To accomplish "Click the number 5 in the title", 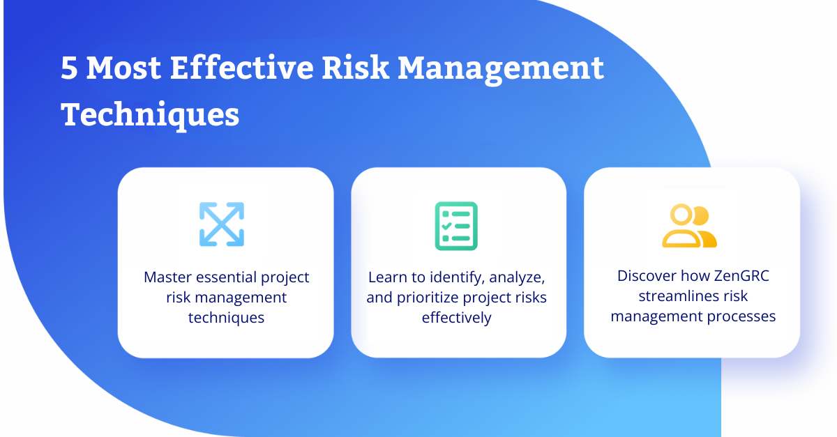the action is [69, 68].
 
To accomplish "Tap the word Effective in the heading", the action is [242, 67].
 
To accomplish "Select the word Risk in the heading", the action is [355, 67].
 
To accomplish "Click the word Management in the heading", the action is [501, 70].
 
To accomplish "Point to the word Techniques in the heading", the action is [150, 115].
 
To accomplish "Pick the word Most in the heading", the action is [123, 68].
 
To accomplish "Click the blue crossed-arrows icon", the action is [222, 224].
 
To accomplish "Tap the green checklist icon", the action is [456, 226].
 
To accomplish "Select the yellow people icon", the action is [689, 226].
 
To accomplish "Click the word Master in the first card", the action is [167, 277].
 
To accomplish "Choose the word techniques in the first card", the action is [226, 318].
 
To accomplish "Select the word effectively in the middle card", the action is [457, 318].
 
